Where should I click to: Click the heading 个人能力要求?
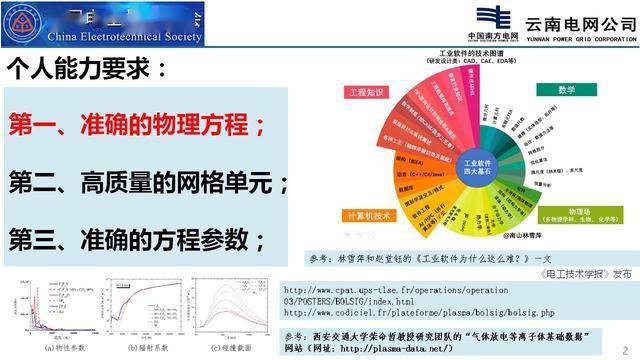(x=88, y=69)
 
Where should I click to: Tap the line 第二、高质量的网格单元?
(x=148, y=183)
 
